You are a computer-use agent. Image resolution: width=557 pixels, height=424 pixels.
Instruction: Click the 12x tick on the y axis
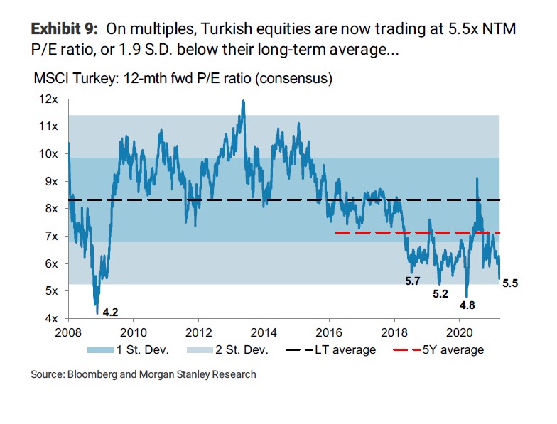click(48, 99)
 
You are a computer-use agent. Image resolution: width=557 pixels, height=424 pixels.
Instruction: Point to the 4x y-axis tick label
click(51, 318)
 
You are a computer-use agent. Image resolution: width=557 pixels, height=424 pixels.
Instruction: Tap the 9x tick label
click(51, 181)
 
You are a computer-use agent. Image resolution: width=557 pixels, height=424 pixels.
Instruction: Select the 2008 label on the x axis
click(69, 332)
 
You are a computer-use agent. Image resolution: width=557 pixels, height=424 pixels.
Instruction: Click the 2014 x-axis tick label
click(264, 332)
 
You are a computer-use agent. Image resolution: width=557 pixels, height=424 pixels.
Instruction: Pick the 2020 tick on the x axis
click(460, 332)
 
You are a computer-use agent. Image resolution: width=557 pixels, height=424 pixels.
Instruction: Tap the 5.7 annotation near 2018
click(413, 282)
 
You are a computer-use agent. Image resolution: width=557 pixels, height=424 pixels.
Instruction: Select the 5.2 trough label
click(440, 294)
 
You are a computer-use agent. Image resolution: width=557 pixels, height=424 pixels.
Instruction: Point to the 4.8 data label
click(467, 305)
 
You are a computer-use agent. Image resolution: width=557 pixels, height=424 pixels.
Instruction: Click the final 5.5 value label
click(511, 283)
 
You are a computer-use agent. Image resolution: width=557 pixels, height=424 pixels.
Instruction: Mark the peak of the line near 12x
click(244, 101)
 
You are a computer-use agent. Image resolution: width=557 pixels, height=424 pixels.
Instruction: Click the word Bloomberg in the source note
click(94, 374)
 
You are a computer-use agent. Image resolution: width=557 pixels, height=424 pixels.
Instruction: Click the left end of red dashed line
click(335, 232)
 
